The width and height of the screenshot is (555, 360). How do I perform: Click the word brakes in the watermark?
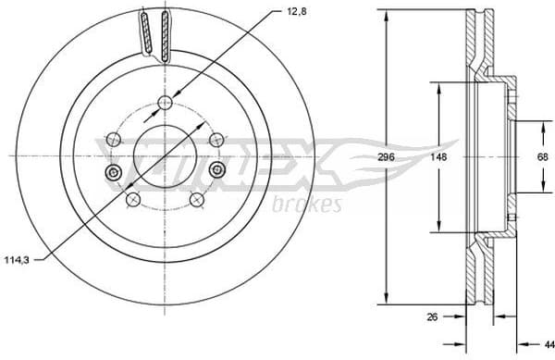point(308,204)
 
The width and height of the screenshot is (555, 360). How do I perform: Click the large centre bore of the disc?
point(165,156)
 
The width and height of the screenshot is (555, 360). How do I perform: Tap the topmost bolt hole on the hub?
point(165,102)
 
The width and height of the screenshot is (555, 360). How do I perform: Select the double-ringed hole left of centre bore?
point(113,173)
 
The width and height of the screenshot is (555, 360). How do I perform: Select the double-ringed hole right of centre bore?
point(217,169)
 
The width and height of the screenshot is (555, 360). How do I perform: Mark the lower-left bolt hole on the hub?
point(133,200)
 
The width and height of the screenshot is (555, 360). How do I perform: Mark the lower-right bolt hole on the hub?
point(196,200)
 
